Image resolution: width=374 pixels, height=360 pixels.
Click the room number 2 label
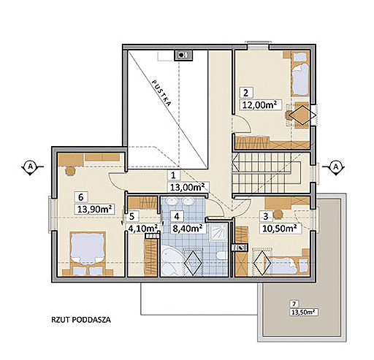pos(246,93)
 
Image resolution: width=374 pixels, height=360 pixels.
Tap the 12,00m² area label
pos(261,104)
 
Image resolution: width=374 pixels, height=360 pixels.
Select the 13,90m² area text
pos(94,209)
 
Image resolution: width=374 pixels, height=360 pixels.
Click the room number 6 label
pos(81,197)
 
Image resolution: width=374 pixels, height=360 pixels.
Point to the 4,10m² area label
pos(142,229)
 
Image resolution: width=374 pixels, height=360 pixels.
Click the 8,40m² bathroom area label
pos(187,229)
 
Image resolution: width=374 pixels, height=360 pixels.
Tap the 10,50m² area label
pos(280,229)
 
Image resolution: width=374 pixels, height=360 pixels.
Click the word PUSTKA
pos(161,93)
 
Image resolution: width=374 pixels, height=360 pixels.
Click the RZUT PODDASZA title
pos(81,320)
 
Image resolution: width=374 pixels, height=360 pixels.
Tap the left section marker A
pos(31,166)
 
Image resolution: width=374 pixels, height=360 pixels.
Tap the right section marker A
pos(336,167)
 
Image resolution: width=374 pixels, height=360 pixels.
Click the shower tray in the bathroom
pos(218,231)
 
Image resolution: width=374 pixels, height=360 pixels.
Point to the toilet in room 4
pos(221,256)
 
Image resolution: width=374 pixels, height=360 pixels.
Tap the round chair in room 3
pos(278,214)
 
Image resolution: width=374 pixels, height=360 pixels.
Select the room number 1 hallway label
pos(173,175)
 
